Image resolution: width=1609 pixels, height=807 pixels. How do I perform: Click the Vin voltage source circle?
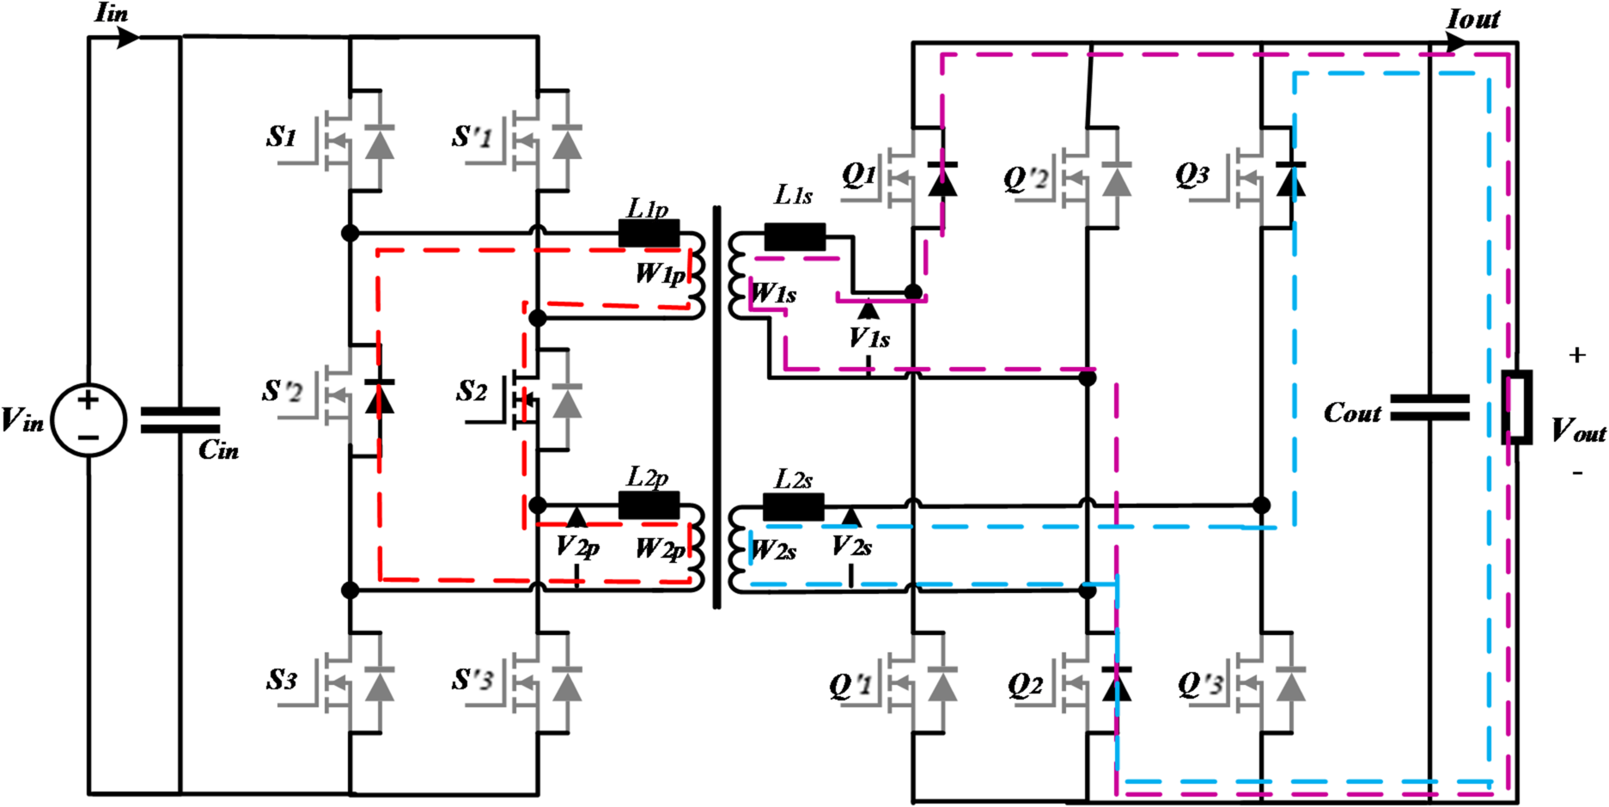point(88,420)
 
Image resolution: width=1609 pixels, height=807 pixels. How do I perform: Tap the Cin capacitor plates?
point(180,420)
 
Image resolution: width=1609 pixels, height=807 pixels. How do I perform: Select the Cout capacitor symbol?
point(1429,407)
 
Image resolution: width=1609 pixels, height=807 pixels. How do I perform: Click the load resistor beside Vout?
point(1517,407)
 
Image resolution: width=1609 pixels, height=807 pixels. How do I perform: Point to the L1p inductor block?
point(649,233)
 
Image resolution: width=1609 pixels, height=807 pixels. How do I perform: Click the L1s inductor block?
point(795,236)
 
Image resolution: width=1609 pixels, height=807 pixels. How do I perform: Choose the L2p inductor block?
point(649,505)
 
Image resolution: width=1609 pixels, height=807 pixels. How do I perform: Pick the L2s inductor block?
point(794,507)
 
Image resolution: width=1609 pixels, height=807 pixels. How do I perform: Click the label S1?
point(282,137)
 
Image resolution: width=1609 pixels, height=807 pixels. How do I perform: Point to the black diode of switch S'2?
point(379,396)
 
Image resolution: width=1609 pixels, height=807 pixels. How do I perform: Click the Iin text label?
point(112,13)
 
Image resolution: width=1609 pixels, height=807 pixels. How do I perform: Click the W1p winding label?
point(660,273)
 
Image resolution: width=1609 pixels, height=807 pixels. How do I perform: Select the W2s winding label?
point(774,550)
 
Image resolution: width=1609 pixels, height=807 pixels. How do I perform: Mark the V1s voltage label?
point(869,338)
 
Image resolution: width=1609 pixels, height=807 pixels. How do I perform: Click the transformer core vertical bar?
point(716,407)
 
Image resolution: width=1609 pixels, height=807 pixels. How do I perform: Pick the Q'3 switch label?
point(1200,684)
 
